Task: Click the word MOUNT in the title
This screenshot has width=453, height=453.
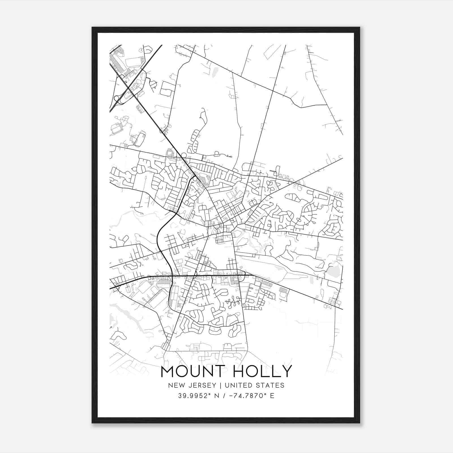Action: pyautogui.click(x=193, y=371)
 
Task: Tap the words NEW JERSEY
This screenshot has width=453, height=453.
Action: pyautogui.click(x=192, y=385)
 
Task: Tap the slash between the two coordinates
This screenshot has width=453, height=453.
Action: pyautogui.click(x=224, y=396)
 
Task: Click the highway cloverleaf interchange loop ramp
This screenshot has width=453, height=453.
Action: pyautogui.click(x=116, y=98)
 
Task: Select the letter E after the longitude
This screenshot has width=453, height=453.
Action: pyautogui.click(x=272, y=396)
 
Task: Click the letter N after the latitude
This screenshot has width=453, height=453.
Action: pyautogui.click(x=217, y=396)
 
